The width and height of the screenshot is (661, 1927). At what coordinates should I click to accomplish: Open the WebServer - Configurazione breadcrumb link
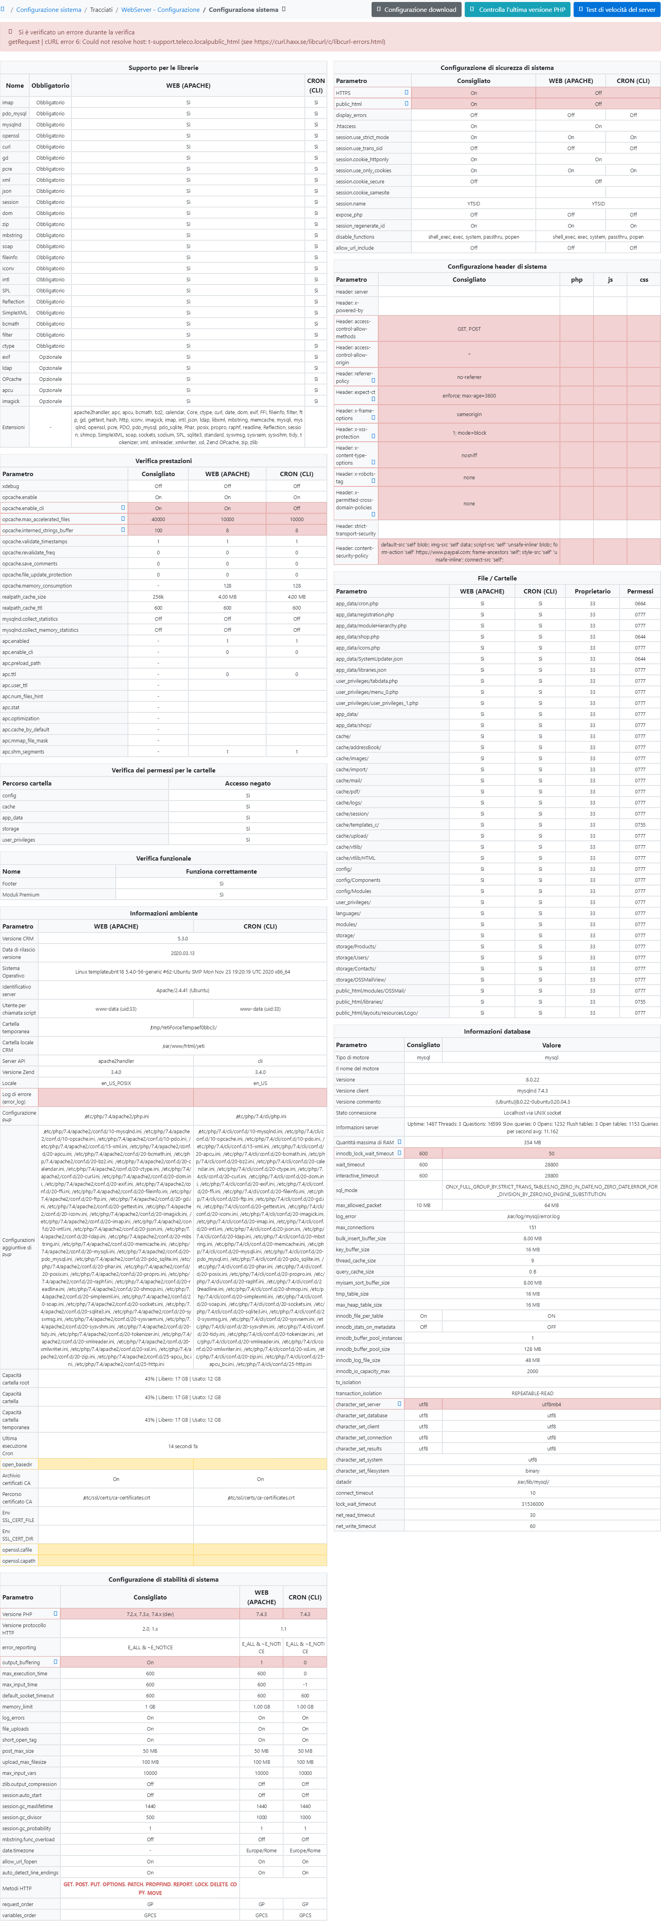(x=160, y=10)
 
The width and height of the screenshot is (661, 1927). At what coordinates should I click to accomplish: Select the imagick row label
(x=11, y=401)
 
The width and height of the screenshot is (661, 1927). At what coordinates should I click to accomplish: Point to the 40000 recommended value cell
(x=158, y=519)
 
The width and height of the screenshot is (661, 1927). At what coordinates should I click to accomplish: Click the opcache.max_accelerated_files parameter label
(x=36, y=519)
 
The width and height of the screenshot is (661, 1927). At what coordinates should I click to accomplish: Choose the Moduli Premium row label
(x=21, y=895)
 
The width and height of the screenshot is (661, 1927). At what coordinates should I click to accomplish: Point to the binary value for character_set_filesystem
(x=532, y=1471)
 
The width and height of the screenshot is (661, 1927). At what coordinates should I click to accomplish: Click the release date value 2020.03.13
(x=182, y=953)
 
